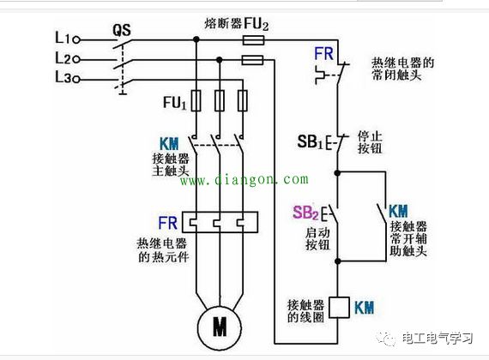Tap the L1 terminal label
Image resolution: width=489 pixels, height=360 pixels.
pyautogui.click(x=62, y=39)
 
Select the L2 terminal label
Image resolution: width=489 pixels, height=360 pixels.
pyautogui.click(x=62, y=59)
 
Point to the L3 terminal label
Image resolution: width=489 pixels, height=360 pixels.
pyautogui.click(x=62, y=79)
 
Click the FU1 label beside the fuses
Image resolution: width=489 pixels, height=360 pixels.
pyautogui.click(x=174, y=101)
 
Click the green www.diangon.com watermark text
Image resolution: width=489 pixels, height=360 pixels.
pyautogui.click(x=243, y=180)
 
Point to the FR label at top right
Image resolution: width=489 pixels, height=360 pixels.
pyautogui.click(x=323, y=52)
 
